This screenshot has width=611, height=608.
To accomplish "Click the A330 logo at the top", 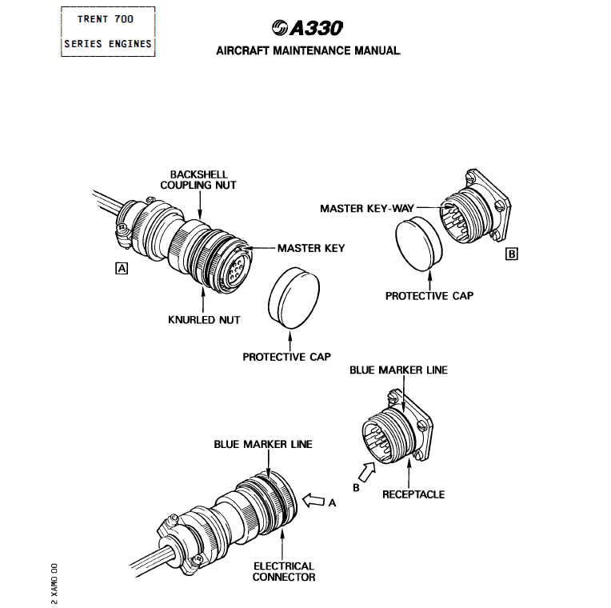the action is point(307,28).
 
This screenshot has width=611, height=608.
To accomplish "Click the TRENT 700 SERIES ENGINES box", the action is point(108,31).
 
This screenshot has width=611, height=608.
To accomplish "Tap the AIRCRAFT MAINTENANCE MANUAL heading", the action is point(308,50).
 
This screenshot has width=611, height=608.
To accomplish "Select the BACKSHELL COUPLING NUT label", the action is point(198,180).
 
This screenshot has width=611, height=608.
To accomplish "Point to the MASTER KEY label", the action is point(311,248).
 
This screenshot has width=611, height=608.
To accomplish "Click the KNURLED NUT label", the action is point(204,320).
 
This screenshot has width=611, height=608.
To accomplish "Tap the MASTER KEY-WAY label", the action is point(366,209).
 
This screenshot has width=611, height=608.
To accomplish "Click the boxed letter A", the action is point(122,269).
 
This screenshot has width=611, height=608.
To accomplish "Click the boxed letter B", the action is point(511,254).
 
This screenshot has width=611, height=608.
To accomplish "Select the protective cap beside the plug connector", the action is point(294,298).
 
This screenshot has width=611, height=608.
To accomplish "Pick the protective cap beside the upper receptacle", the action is point(419,244).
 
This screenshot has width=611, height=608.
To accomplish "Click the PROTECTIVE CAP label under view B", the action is point(429,296).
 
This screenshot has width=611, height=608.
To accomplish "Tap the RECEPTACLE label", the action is point(413,494).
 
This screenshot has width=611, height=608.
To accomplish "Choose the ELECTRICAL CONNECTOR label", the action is point(284,571).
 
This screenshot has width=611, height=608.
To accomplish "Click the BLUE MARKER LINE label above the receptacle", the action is point(398,370).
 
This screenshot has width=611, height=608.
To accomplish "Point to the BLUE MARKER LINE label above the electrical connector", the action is point(263,444).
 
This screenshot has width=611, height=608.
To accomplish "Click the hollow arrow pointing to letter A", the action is point(313,501).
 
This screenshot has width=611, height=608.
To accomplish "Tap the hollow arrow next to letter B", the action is point(366,472).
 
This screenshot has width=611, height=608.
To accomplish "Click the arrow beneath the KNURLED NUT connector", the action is point(202,299).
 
